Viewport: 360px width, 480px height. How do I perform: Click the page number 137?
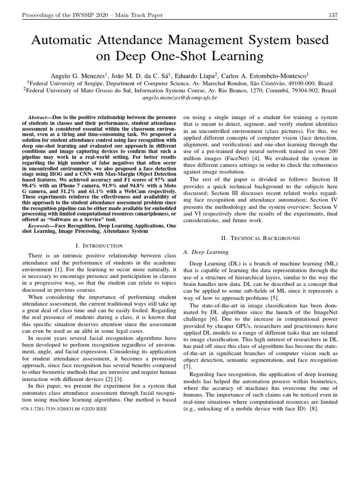pyautogui.click(x=333, y=15)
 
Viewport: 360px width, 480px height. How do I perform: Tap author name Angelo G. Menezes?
pyautogui.click(x=80, y=75)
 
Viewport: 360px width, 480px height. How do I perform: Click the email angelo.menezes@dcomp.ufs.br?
pyautogui.click(x=180, y=97)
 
